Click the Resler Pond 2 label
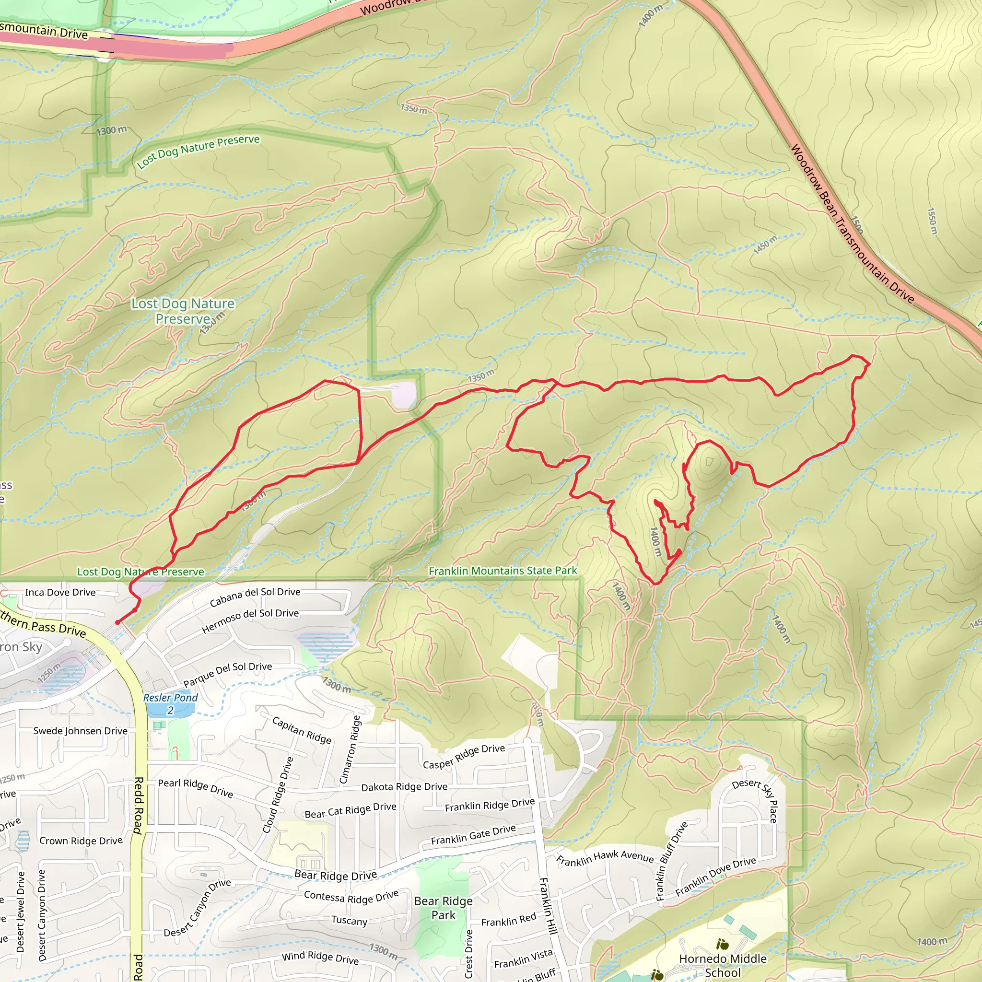(x=170, y=703)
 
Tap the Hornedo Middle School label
(x=722, y=965)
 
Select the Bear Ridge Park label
(x=443, y=908)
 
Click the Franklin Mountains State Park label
(x=503, y=571)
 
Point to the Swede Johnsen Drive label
(x=80, y=731)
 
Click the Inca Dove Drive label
(x=60, y=592)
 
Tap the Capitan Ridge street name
(x=302, y=730)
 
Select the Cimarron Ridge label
(x=350, y=749)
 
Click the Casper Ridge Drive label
(x=464, y=756)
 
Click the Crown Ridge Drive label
(x=81, y=841)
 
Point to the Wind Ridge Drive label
(x=320, y=958)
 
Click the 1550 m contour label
(x=932, y=221)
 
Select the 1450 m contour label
(x=764, y=245)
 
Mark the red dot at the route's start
(x=117, y=622)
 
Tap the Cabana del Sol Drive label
(x=255, y=596)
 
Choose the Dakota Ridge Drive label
(x=404, y=787)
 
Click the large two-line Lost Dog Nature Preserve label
(x=183, y=311)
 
